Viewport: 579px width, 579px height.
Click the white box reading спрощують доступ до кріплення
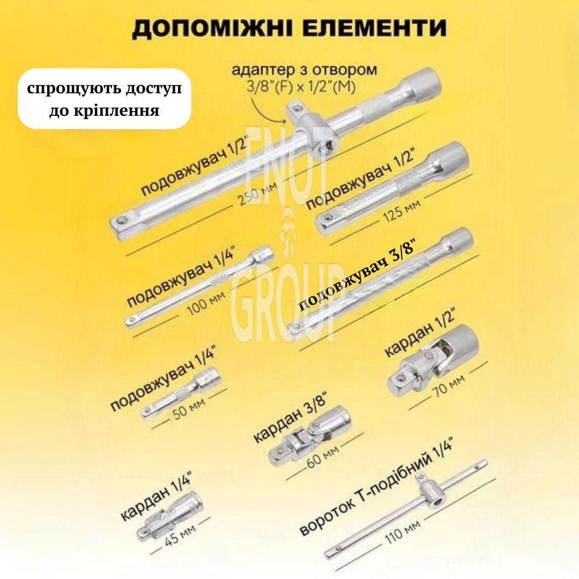[x=105, y=99]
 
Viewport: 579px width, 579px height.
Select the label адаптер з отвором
[x=305, y=70]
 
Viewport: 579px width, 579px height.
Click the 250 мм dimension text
[x=257, y=194]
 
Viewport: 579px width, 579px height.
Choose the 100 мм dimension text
[x=206, y=303]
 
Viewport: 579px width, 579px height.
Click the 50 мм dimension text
[x=189, y=409]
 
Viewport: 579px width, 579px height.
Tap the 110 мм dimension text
[x=403, y=532]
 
